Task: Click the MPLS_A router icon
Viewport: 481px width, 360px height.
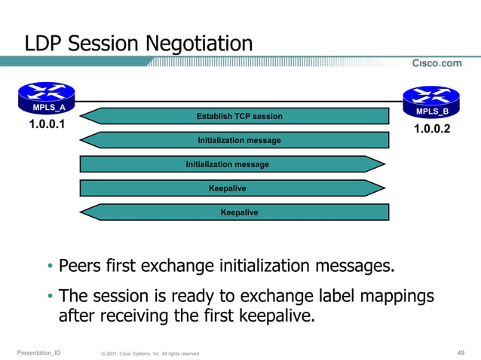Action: [x=47, y=97]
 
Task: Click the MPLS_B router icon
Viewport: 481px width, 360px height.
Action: [x=431, y=102]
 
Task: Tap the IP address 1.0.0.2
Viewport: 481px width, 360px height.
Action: [x=432, y=129]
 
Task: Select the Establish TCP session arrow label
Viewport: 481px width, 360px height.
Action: [x=239, y=116]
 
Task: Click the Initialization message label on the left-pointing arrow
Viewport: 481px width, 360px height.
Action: [x=239, y=140]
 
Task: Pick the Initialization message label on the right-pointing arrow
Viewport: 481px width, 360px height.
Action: [x=227, y=164]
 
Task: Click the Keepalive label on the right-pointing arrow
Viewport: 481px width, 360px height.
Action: [x=227, y=188]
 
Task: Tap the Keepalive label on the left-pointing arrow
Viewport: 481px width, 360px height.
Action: [x=239, y=212]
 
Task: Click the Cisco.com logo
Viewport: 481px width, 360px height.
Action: [x=437, y=63]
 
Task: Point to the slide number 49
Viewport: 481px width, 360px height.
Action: [x=461, y=352]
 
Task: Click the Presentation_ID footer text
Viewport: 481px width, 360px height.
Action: [x=38, y=352]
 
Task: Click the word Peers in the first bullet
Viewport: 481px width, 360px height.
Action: [x=81, y=266]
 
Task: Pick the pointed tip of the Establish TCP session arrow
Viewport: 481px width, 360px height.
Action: [x=81, y=116]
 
